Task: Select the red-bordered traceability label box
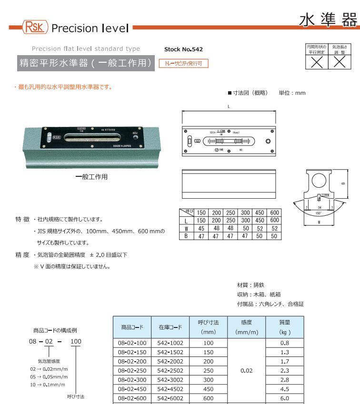183,63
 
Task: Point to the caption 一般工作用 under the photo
92,177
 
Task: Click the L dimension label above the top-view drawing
229,106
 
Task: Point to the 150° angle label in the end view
319,214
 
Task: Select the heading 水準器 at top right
328,20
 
